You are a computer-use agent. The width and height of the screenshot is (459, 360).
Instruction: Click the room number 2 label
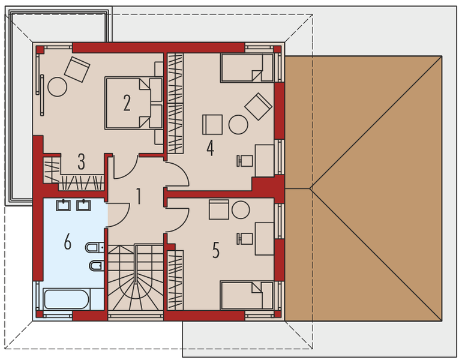[x=127, y=103]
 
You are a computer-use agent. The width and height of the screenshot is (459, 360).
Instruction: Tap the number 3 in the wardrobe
[x=81, y=161]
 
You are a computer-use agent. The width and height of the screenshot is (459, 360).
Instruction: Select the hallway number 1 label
[x=139, y=196]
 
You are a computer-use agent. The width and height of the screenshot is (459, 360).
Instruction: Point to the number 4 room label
[x=210, y=148]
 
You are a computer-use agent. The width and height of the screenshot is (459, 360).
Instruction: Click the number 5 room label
[x=215, y=250]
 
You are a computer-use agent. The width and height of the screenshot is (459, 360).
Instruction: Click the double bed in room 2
[x=134, y=103]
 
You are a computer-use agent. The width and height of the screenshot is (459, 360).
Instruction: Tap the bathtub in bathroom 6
[x=67, y=299]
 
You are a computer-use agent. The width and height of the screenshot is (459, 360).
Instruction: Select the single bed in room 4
[x=246, y=68]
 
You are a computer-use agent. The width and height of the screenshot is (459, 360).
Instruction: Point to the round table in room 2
[x=58, y=86]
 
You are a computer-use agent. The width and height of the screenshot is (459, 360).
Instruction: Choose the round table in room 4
[x=238, y=125]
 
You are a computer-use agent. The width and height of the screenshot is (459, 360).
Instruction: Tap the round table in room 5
[x=241, y=210]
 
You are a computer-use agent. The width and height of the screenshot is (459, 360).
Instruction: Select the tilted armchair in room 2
[x=77, y=69]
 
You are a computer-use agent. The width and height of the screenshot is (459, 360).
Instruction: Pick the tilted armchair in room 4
[x=258, y=106]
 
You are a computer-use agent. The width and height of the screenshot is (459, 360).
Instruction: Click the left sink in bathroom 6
[x=63, y=206]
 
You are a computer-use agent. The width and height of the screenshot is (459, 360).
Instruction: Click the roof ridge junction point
[x=310, y=188]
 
